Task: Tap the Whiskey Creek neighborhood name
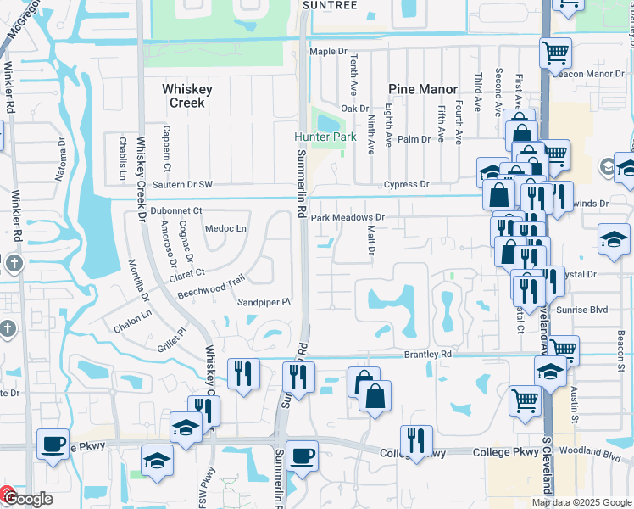187,95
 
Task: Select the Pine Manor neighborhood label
423,89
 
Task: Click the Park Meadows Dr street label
347,218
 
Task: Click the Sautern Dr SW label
181,184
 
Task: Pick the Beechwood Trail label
210,286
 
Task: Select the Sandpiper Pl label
264,301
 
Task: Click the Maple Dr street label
329,52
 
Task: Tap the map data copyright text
581,502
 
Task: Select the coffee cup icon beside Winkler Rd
53,445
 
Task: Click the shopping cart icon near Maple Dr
555,53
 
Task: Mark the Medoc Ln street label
225,228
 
